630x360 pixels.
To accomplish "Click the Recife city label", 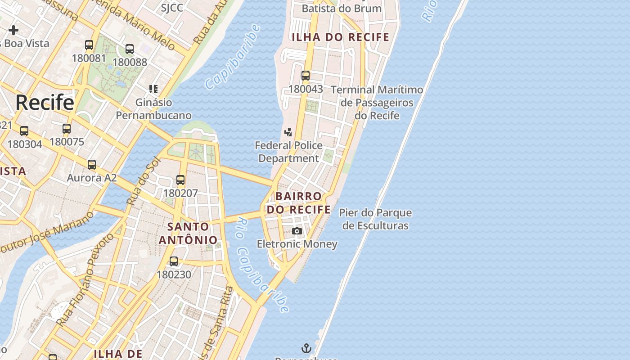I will coord(45,103).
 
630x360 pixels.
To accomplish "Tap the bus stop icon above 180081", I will coord(89,45).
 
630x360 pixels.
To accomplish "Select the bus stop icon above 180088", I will coord(130,49).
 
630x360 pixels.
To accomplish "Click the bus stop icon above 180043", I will coord(306,76).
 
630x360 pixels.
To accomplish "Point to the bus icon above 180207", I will coord(180,180).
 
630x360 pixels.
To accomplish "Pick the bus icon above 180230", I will coord(174,261).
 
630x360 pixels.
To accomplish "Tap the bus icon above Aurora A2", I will coord(92,165).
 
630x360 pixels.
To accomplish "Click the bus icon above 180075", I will coord(67,129).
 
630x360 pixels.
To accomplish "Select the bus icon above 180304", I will coord(24,131).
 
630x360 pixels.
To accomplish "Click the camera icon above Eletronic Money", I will coord(297,231).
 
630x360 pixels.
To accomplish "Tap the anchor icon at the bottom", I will coord(306,348).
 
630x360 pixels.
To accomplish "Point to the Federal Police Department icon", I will coord(288,132).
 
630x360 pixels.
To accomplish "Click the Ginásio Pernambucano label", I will coord(154,109).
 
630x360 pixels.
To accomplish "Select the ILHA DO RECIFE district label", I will coord(340,37).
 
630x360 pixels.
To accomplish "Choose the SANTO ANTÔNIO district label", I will coord(188,233).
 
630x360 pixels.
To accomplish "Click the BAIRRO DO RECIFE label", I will coord(299,203).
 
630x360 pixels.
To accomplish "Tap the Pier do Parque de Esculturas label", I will coord(375,219).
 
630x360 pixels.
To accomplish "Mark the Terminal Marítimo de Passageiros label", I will coord(377,103).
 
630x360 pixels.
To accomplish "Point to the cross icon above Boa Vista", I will coord(13,30).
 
